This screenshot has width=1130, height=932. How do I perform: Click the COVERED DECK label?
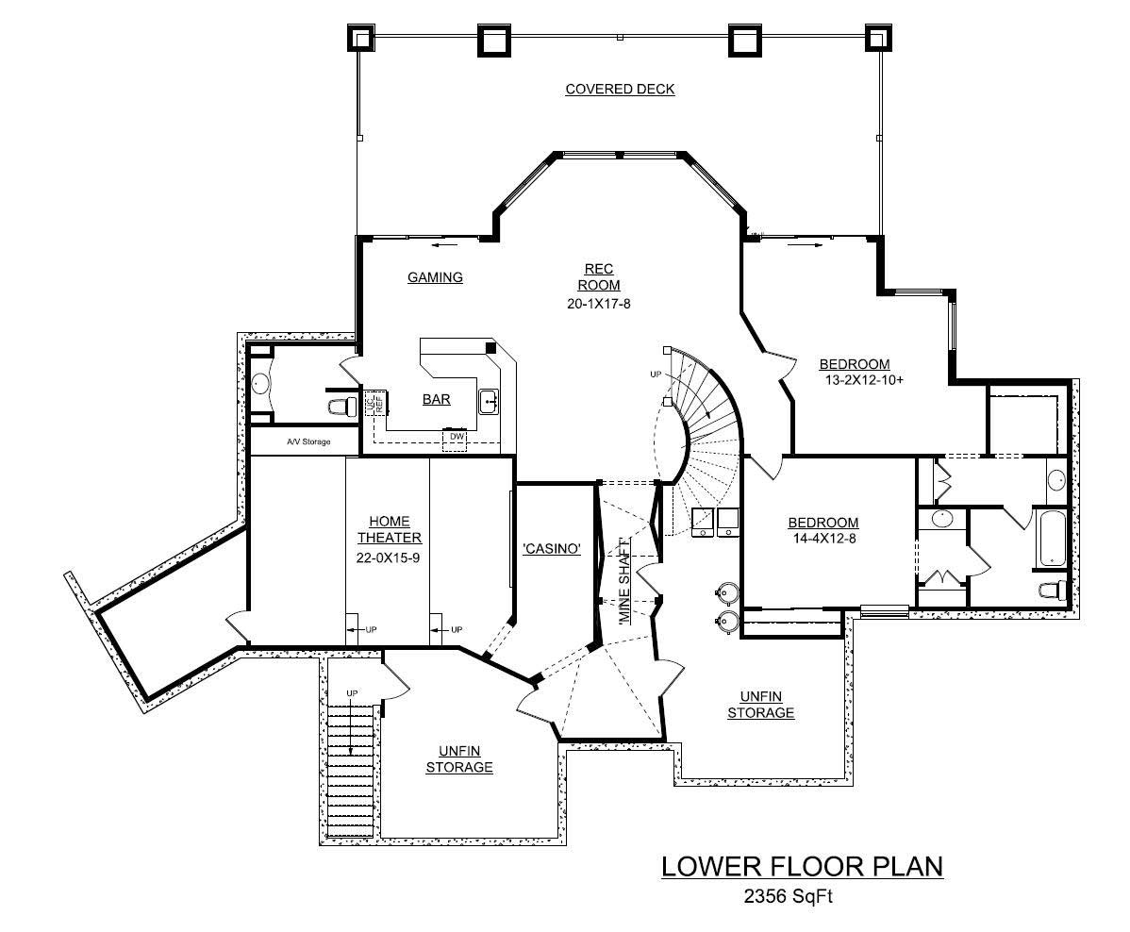620,90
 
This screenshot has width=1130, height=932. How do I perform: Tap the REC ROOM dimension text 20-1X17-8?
597,303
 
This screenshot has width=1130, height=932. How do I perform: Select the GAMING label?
435,277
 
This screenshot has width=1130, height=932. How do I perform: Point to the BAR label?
436,399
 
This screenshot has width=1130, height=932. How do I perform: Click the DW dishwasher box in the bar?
457,437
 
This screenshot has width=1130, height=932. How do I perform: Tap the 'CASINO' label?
550,549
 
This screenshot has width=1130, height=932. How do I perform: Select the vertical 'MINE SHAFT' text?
623,582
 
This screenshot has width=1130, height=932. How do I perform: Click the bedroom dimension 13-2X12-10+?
861,381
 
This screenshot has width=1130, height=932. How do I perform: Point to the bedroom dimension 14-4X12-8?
823,540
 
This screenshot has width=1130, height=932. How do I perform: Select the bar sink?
489,402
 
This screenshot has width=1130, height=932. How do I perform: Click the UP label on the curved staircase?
655,374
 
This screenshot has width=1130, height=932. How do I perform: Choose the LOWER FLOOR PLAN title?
802,866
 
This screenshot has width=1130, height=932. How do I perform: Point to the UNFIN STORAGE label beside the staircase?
459,758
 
